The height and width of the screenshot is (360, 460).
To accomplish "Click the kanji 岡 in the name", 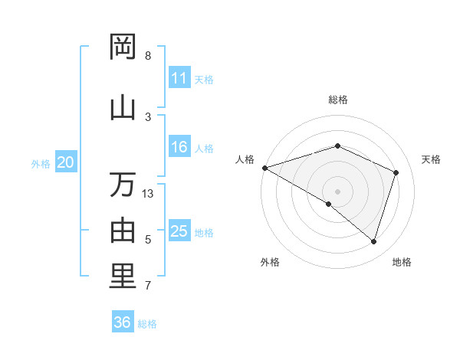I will (123, 47).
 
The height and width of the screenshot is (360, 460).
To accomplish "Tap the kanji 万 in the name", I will (123, 185).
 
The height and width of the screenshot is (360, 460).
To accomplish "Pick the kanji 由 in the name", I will (123, 230).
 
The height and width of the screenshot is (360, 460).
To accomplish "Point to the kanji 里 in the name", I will (123, 277).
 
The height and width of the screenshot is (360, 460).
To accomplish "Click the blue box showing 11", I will (179, 78).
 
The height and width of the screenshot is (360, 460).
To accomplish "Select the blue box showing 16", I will (179, 147).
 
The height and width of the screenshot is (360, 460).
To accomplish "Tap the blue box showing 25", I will (179, 231).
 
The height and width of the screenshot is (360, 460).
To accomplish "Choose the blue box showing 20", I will (66, 162).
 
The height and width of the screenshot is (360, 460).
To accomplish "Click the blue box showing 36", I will (123, 322).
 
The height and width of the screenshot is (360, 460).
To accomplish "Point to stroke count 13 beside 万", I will (148, 194).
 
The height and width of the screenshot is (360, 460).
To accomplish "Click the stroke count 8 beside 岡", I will (148, 56).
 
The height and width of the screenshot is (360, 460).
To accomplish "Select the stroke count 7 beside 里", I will (148, 286).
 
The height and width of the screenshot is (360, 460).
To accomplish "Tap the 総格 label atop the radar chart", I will (337, 100).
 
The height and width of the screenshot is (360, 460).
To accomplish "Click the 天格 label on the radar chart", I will (431, 159).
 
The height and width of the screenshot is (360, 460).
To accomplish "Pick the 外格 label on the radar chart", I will (270, 263).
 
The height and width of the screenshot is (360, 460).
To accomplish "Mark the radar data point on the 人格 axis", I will (264, 167).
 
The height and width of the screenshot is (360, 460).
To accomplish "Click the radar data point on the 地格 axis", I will (374, 241).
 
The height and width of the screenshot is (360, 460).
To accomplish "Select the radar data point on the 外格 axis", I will (329, 204).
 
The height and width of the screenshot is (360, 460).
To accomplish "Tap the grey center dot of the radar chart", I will (337, 191).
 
